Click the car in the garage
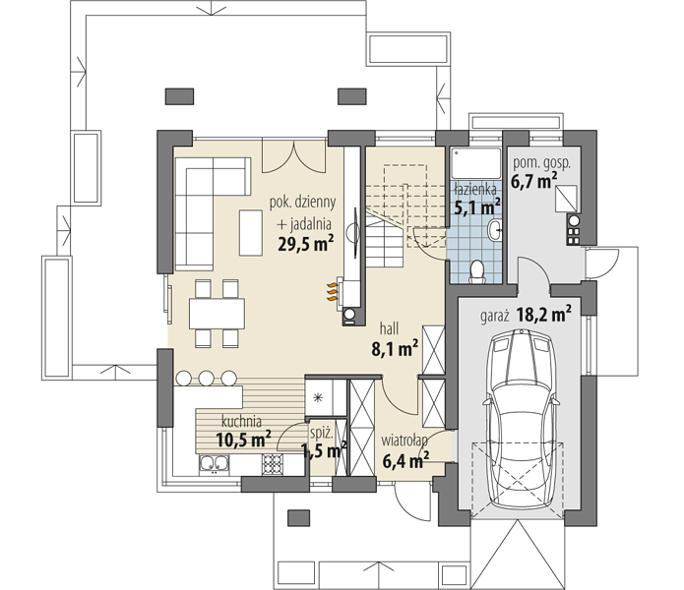[520, 418]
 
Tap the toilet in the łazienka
[477, 272]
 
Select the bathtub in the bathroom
[476, 163]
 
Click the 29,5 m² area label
[306, 243]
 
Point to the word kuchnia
[242, 422]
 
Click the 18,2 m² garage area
[544, 314]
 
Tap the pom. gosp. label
[541, 163]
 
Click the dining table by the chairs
[217, 314]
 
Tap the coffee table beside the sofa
[250, 233]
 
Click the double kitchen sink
[214, 464]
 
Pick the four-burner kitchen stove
[272, 464]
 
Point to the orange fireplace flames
[333, 291]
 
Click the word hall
[389, 328]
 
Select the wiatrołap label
[404, 441]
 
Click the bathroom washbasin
[495, 230]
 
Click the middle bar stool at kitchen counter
[206, 378]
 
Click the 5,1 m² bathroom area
[476, 206]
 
